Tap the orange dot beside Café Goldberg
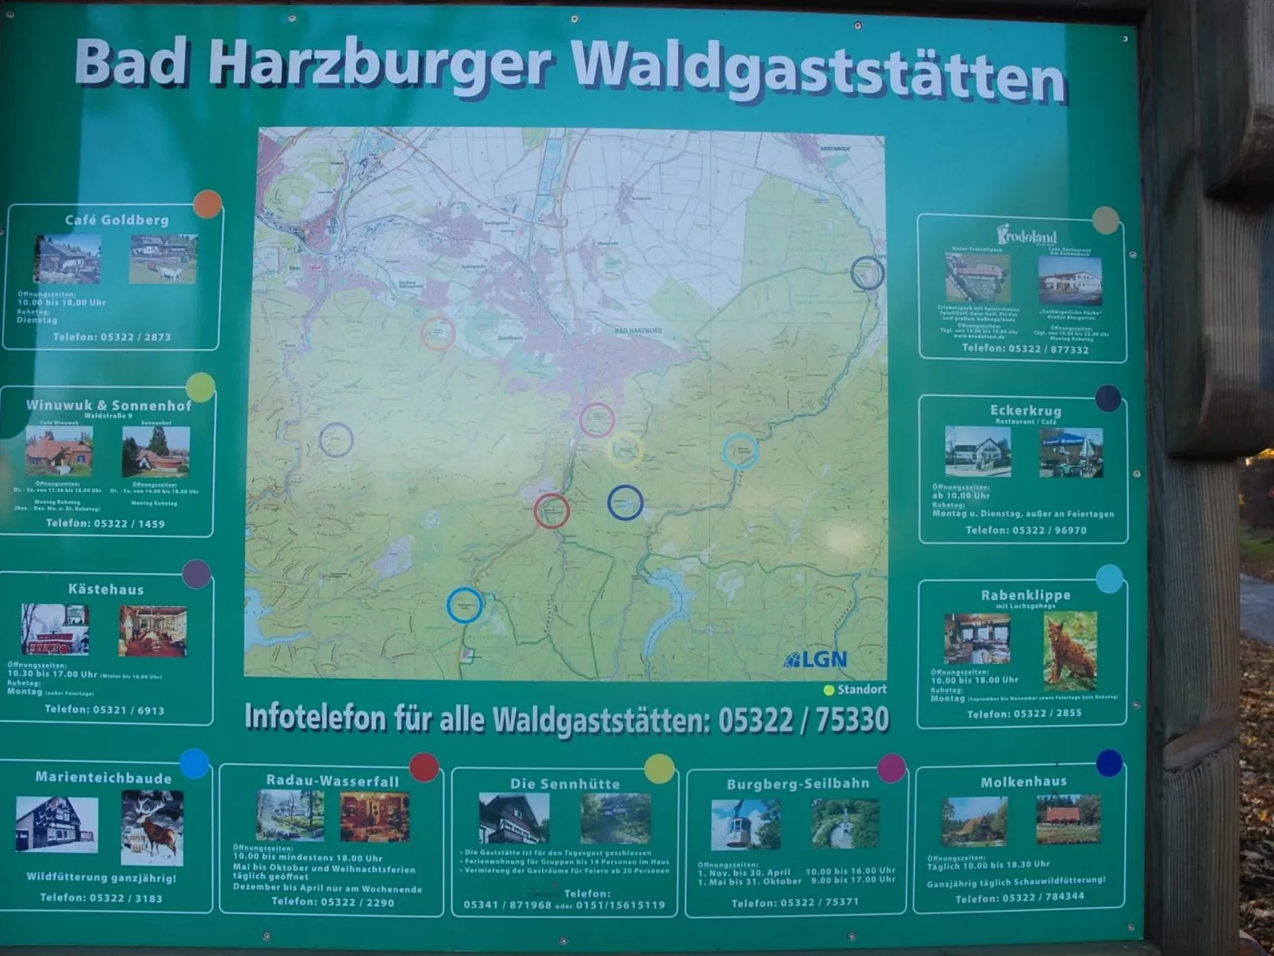pos(207,204)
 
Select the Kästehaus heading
pos(106,589)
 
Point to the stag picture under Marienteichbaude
pos(152,827)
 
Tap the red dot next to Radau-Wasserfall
pos(424,767)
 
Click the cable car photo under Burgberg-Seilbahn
pos(746,824)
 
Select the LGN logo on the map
pos(816,659)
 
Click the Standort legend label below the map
pos(861,689)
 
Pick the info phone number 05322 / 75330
pos(803,720)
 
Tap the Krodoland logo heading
pos(1026,235)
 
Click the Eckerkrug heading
pos(1025,410)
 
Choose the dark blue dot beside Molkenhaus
pos(1109,763)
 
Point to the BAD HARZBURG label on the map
pos(638,330)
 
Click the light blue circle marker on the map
pos(740,451)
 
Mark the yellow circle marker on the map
pos(625,450)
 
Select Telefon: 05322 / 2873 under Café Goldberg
pos(112,337)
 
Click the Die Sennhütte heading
pos(565,784)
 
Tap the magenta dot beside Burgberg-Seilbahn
pos(892,767)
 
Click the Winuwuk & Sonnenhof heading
pos(109,405)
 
